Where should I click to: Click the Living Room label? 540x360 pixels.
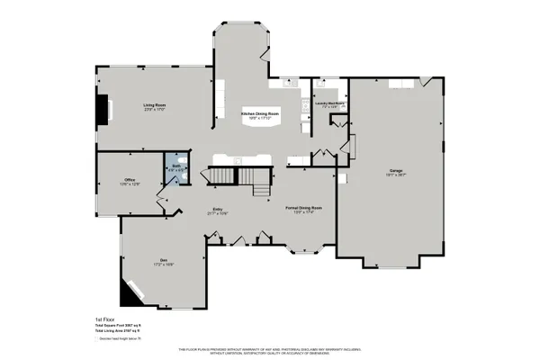click(155, 105)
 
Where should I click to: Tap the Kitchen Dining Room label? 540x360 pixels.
click(259, 115)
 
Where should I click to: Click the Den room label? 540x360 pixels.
click(164, 260)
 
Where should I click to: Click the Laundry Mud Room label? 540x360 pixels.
click(329, 103)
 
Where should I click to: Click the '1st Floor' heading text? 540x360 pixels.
click(105, 319)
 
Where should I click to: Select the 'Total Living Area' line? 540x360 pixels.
click(120, 330)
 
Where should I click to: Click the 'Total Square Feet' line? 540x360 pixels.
click(120, 325)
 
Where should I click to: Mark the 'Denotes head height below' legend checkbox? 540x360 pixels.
click(97, 339)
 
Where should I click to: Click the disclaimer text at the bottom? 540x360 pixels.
click(270, 348)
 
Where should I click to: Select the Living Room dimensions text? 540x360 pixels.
click(155, 111)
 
